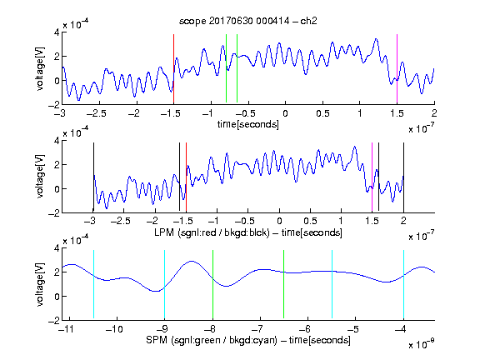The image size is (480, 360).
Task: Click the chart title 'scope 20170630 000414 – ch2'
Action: [248, 21]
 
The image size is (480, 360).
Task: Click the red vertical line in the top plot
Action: [174, 69]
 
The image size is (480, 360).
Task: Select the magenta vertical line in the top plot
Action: [397, 69]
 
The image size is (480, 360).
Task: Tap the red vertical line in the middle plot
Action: [186, 177]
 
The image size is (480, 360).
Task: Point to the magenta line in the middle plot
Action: [372, 177]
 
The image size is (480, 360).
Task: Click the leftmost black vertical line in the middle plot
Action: [93, 177]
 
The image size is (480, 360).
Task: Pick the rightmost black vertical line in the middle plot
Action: [403, 177]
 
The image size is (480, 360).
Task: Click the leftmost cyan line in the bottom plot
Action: [93, 284]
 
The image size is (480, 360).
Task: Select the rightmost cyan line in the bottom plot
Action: [403, 284]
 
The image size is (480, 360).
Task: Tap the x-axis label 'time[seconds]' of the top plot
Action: [248, 124]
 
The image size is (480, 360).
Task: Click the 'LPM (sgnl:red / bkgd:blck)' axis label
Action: [212, 232]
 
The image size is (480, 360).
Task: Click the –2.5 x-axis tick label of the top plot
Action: [96, 113]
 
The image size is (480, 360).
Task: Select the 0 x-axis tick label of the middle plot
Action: [279, 221]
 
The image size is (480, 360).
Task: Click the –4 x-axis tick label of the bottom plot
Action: [401, 329]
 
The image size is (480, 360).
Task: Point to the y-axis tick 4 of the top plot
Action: [57, 32]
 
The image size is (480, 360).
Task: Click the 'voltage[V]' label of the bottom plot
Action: [40, 284]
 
